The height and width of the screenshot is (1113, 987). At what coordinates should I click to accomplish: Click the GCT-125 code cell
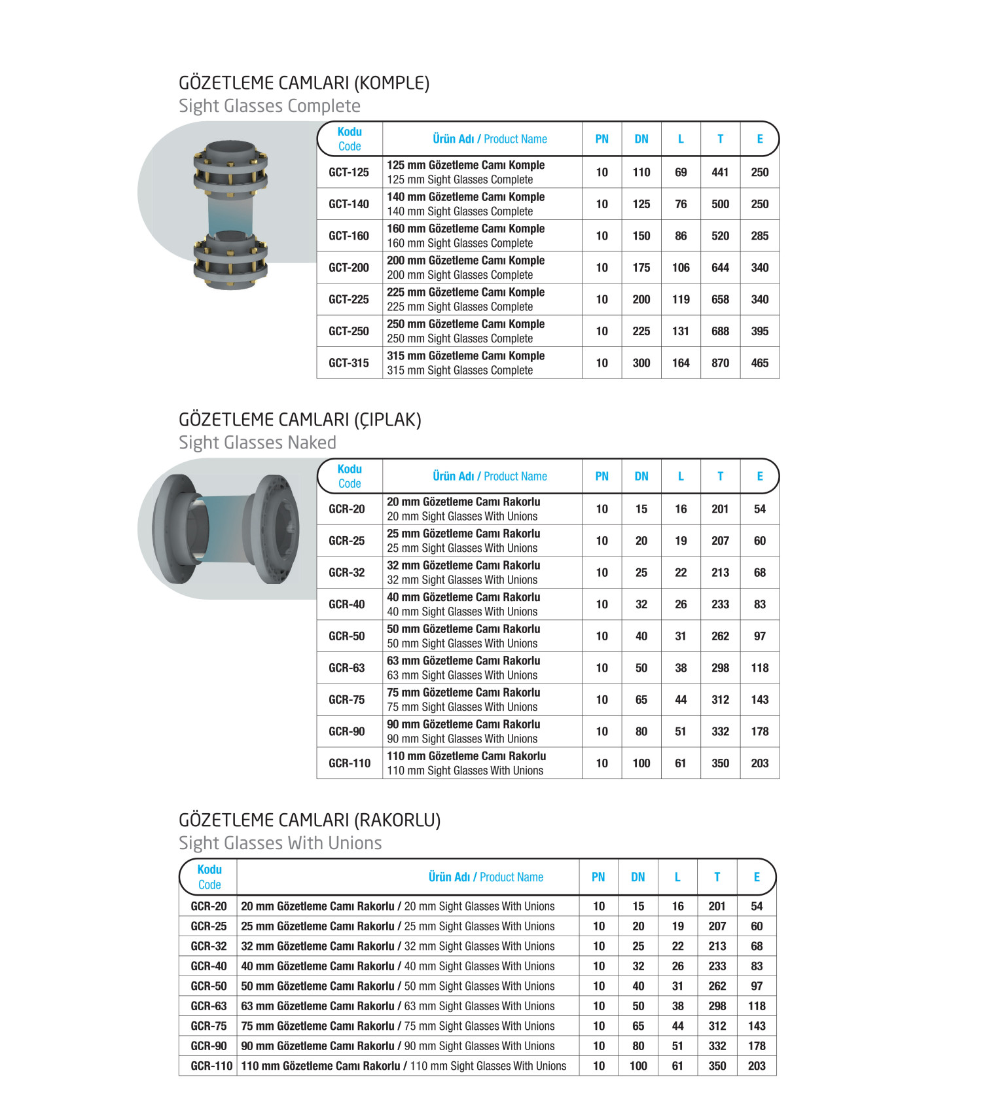[x=349, y=172]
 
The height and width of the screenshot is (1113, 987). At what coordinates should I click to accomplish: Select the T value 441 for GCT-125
[x=720, y=172]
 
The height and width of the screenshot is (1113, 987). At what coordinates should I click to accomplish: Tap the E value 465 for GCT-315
[x=759, y=363]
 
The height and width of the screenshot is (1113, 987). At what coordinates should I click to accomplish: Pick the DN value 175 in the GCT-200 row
[x=641, y=268]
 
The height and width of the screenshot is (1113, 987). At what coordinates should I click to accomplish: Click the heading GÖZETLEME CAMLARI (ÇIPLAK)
[x=300, y=420]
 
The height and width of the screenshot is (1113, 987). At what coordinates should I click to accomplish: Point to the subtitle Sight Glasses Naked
[x=257, y=443]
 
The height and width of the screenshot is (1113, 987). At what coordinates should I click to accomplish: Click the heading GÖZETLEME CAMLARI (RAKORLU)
[x=310, y=820]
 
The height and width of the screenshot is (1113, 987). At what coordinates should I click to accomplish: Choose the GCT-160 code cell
[x=349, y=236]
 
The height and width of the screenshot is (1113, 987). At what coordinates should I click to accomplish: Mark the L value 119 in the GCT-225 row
[x=681, y=299]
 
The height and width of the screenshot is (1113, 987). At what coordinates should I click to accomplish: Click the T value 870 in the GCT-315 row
[x=720, y=363]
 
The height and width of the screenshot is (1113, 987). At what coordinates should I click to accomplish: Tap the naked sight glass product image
[x=226, y=528]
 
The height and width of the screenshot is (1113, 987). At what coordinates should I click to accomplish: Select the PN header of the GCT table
[x=601, y=139]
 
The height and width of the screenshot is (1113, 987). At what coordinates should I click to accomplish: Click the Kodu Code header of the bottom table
[x=209, y=877]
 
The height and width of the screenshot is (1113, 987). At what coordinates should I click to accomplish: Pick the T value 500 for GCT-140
[x=720, y=204]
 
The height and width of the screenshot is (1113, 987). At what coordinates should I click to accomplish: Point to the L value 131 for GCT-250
[x=681, y=331]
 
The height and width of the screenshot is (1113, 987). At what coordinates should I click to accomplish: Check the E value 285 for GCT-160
[x=759, y=236]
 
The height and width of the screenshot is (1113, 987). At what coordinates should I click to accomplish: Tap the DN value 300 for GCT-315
[x=641, y=363]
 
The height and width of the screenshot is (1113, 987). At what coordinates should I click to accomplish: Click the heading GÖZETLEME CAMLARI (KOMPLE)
[x=304, y=83]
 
